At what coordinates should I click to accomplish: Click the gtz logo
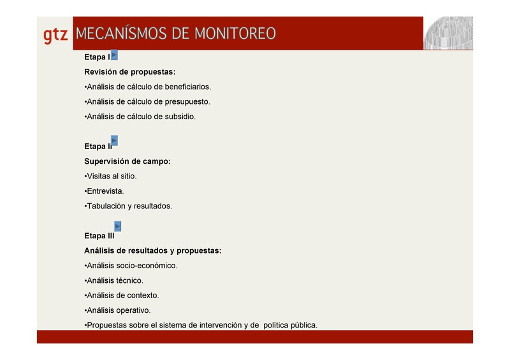pos(55,35)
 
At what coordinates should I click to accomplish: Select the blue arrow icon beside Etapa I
pos(114,55)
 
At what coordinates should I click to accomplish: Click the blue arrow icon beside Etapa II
pos(114,140)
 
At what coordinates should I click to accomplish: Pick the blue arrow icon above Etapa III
pos(117,226)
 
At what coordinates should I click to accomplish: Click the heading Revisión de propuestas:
pos(129,72)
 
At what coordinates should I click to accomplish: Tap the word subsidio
pos(180,117)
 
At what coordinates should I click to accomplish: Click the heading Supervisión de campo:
pos(127,161)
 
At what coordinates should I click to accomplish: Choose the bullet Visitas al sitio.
pos(112,176)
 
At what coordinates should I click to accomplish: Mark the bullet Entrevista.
pos(105,191)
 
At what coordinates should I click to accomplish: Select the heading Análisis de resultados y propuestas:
pos(152,250)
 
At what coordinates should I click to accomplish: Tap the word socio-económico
pos(147,266)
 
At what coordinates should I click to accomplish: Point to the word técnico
pos(130,280)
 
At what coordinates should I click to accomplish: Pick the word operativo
pos(134,310)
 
